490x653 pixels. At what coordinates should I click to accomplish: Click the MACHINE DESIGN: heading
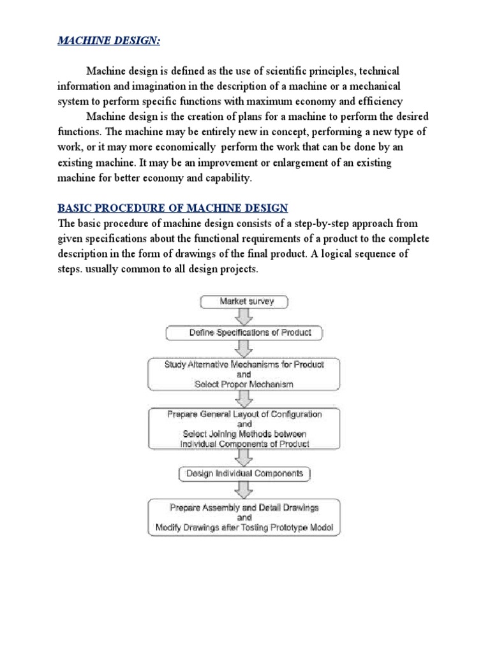110,41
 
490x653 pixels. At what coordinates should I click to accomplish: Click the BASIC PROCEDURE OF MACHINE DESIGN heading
173,208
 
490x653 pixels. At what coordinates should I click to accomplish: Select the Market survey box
246,301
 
